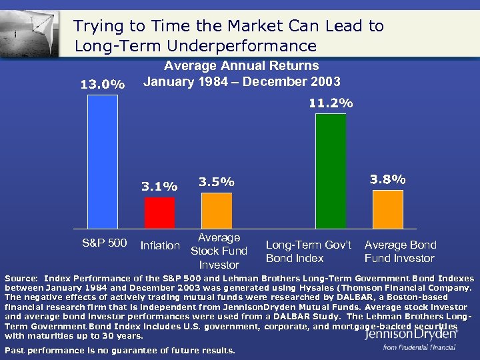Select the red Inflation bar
click(x=160, y=213)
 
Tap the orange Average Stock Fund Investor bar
click(x=217, y=211)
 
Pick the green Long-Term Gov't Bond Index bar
click(x=331, y=171)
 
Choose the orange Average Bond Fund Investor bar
click(x=389, y=209)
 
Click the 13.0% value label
click(x=102, y=85)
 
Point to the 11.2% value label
click(x=331, y=103)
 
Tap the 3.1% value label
click(x=160, y=187)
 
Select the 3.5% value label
click(x=217, y=182)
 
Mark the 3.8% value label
click(x=388, y=179)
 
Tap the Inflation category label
click(x=160, y=246)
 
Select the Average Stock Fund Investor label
click(x=219, y=251)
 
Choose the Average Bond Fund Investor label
click(x=400, y=251)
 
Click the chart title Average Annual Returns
click(x=241, y=66)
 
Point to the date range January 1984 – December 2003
click(x=242, y=82)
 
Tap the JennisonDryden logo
click(x=411, y=336)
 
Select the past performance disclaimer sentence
click(x=119, y=350)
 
